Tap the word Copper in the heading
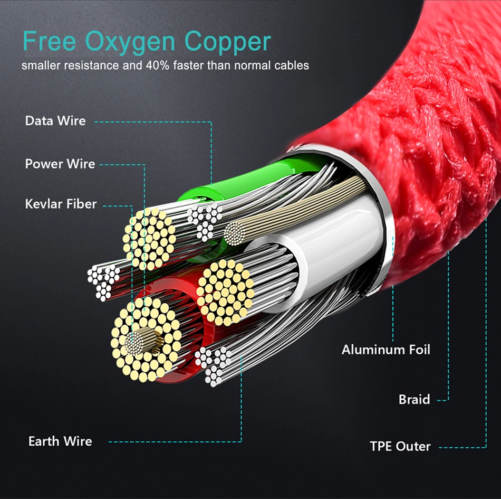pos(228,43)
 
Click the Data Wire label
pos(55,121)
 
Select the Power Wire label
pos(60,164)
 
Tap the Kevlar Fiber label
pos(61,204)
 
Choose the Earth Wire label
pos(60,441)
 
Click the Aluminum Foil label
pos(386,350)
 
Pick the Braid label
pos(414,400)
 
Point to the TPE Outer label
pos(400,446)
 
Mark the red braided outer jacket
pos(422,132)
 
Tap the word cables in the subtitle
pos(293,66)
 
